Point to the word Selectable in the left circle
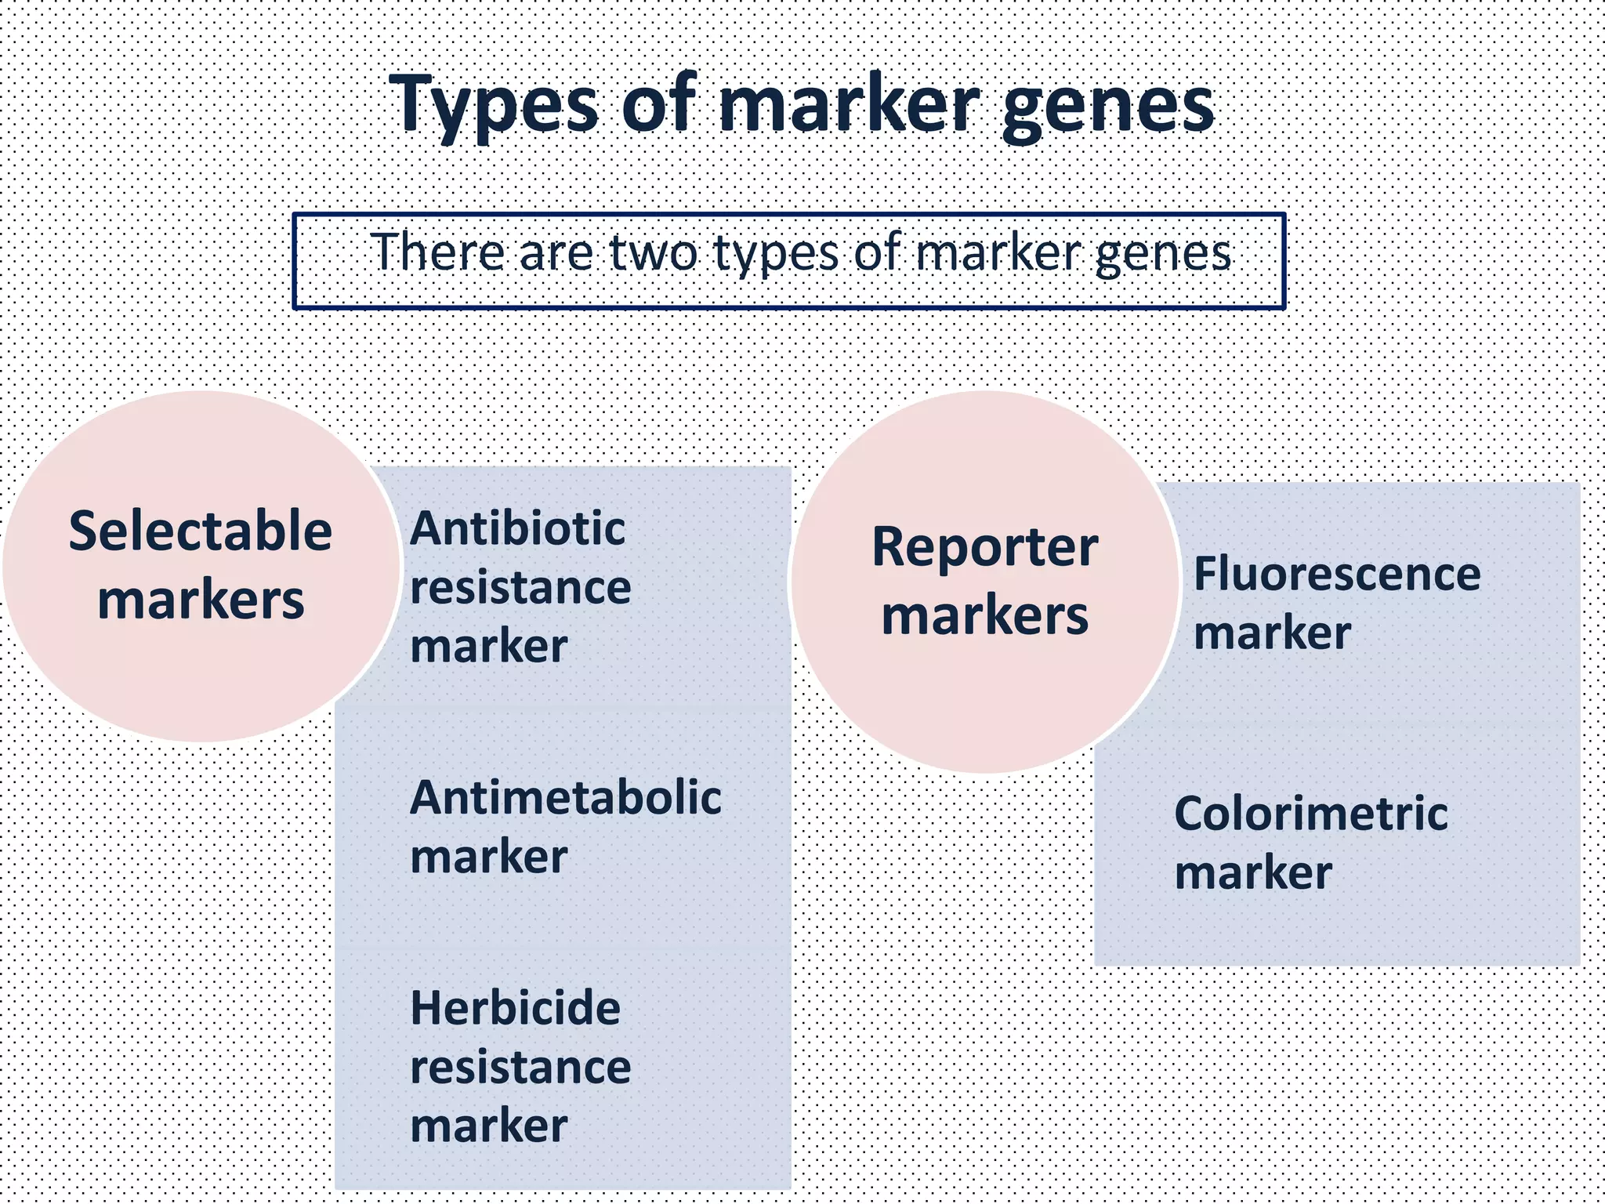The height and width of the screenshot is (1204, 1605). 201,531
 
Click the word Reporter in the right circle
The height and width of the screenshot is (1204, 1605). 984,546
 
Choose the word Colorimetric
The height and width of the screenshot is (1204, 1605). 1310,813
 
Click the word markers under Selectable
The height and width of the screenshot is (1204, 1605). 201,600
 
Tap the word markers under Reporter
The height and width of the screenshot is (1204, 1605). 984,615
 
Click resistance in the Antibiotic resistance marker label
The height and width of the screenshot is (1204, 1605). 520,588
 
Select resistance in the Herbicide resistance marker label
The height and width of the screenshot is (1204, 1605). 520,1067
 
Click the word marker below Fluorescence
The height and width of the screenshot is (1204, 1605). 1272,633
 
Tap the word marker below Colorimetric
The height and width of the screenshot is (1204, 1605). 1253,872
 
